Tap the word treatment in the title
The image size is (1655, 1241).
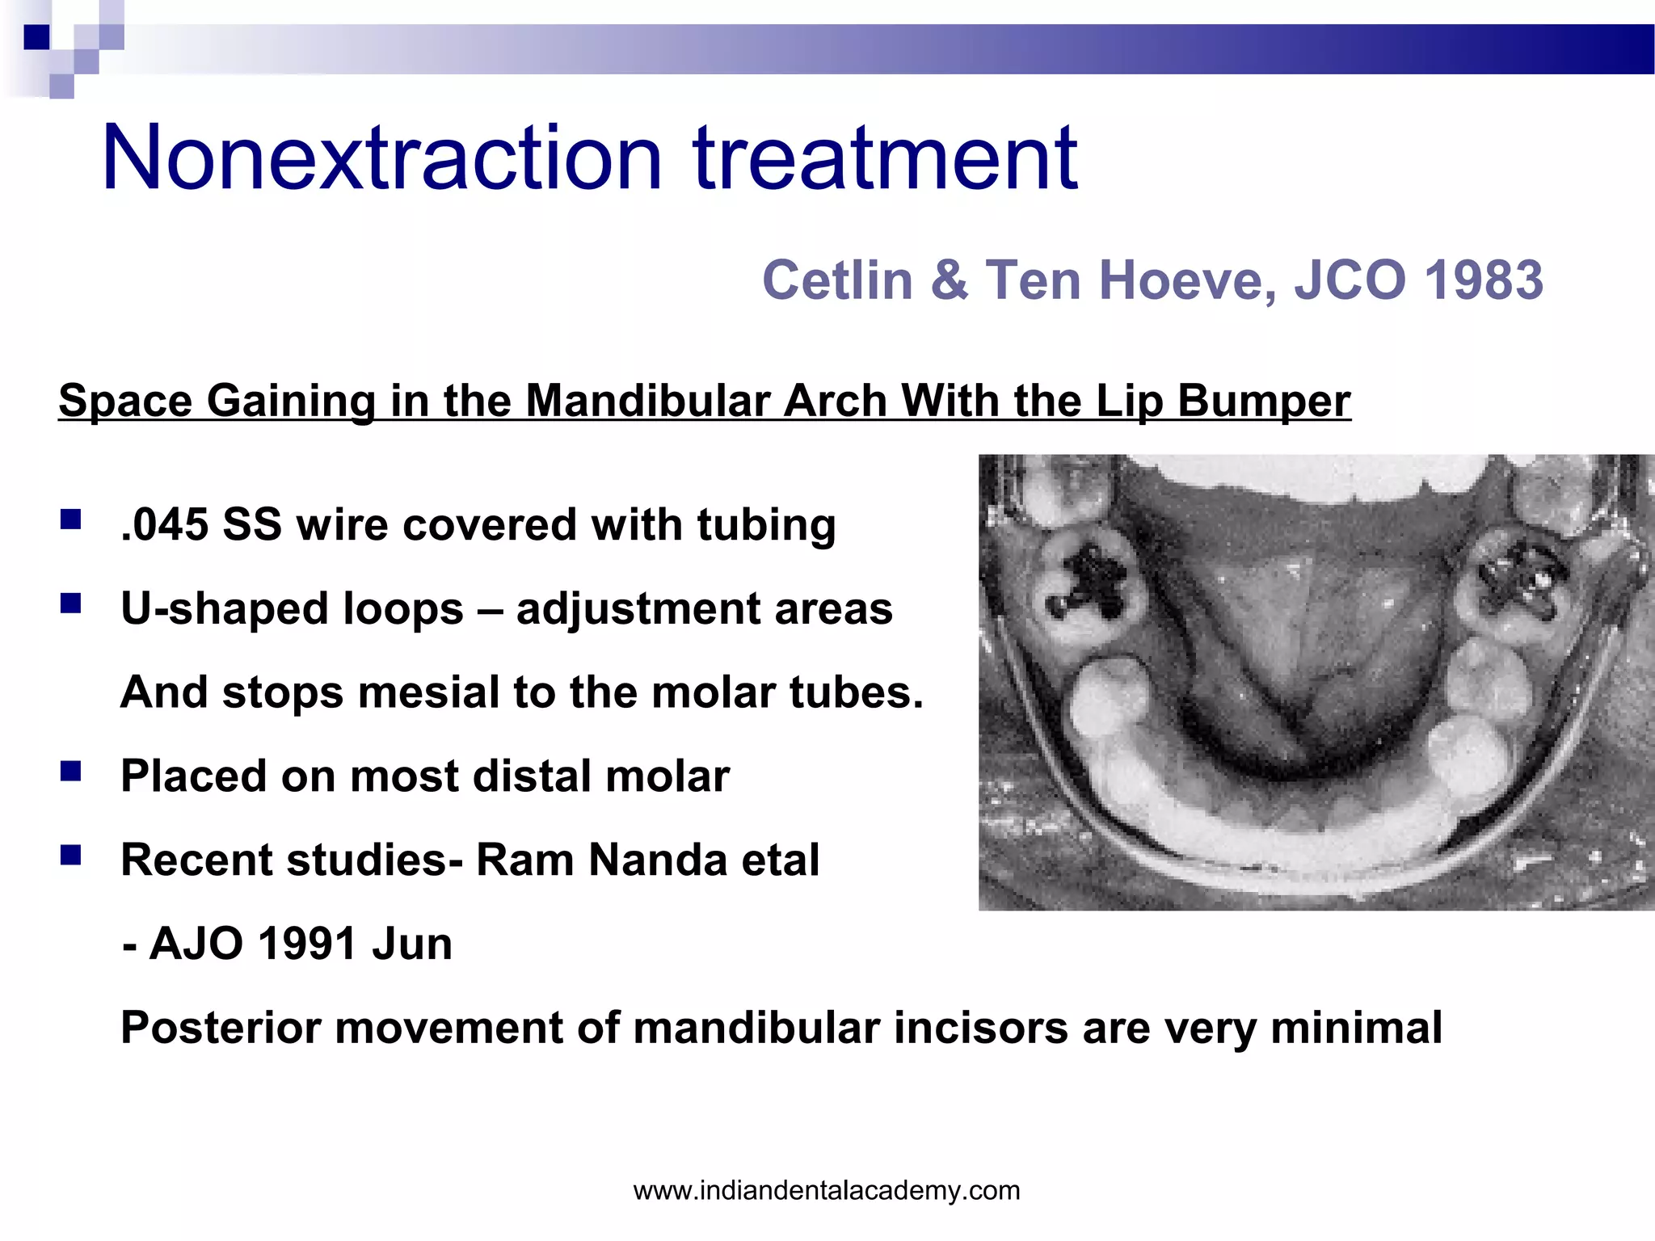tap(885, 158)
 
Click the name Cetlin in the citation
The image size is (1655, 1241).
tap(837, 280)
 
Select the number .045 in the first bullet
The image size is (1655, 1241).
tap(164, 525)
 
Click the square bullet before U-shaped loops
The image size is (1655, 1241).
tap(70, 604)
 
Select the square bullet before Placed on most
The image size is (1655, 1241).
tap(70, 772)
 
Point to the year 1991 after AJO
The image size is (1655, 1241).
tap(307, 944)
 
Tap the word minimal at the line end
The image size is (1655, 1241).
tap(1356, 1029)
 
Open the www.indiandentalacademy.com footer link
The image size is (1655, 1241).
tap(827, 1190)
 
